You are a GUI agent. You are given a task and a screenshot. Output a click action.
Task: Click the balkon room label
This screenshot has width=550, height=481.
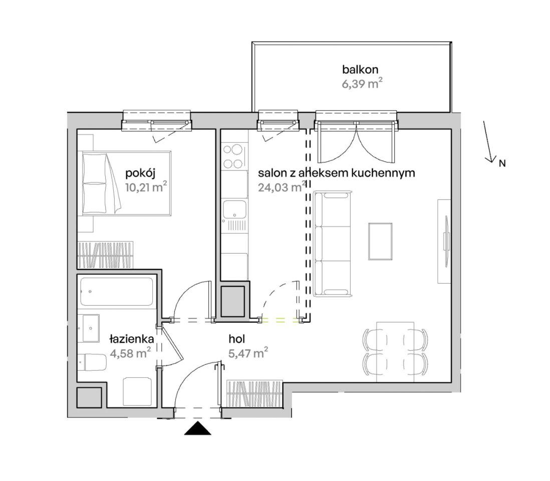pos(360,69)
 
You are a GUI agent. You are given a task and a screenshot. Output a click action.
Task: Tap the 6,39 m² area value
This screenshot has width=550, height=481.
pos(362,84)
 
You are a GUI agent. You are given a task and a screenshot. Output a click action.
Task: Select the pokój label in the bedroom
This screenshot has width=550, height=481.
pos(140,173)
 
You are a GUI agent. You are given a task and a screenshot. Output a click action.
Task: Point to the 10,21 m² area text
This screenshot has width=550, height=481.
pos(146,187)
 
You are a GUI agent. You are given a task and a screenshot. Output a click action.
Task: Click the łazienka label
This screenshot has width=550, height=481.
pos(132,339)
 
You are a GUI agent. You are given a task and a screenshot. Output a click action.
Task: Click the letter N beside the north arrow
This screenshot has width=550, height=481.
pos(502,163)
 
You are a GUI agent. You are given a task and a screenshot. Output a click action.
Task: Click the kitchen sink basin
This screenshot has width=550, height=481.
pos(234,210)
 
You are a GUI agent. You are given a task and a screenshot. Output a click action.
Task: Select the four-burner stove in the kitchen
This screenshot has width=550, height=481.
pos(234,156)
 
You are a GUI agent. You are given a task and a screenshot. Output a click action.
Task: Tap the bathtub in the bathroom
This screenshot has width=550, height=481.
pos(116,292)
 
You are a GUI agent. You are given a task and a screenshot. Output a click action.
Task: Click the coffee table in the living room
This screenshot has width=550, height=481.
pos(380,241)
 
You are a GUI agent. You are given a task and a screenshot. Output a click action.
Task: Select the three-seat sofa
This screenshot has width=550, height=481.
pos(332,243)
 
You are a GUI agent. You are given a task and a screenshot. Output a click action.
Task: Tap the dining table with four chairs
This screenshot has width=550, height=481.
pos(395,352)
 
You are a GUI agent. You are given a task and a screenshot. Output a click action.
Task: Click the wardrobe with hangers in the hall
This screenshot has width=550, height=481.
pos(254,394)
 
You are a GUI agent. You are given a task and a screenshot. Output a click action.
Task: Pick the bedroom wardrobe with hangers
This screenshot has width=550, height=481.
pos(105,255)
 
